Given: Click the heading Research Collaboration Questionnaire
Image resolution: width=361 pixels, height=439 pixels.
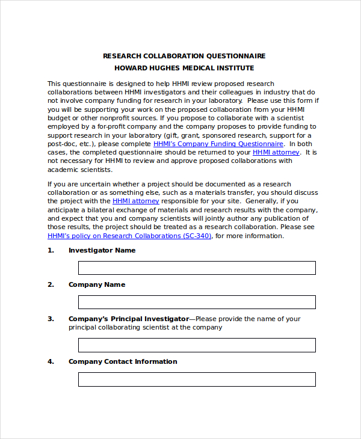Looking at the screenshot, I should point(184,56).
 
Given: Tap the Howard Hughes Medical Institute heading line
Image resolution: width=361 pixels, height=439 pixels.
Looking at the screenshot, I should point(184,68).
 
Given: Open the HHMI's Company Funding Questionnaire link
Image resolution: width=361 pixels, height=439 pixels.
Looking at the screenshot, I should point(218,144).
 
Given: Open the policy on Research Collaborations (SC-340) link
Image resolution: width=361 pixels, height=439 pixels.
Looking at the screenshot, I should point(129,236).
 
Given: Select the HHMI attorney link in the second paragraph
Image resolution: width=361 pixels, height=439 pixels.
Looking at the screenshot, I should point(136,201).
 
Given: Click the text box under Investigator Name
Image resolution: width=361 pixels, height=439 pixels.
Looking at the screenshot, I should point(197,268).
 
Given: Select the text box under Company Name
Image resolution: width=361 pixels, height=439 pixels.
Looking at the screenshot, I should point(197,302).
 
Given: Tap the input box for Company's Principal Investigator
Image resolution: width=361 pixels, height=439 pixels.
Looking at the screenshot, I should point(197,345).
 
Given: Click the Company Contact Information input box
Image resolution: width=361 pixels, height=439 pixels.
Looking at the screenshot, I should point(197,379).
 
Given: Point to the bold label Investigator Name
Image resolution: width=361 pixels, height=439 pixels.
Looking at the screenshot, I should point(102,250).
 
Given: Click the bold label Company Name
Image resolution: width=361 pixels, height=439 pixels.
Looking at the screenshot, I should point(97,284).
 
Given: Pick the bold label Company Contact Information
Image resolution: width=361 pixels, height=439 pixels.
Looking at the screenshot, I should point(123,361).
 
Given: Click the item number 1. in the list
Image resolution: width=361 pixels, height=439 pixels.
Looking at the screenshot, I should point(51,250).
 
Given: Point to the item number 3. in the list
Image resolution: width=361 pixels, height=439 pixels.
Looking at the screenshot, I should point(51,319).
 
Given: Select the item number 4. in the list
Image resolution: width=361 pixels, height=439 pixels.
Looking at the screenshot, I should point(51,361).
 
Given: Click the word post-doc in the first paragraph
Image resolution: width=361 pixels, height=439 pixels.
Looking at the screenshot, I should point(61,144).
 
